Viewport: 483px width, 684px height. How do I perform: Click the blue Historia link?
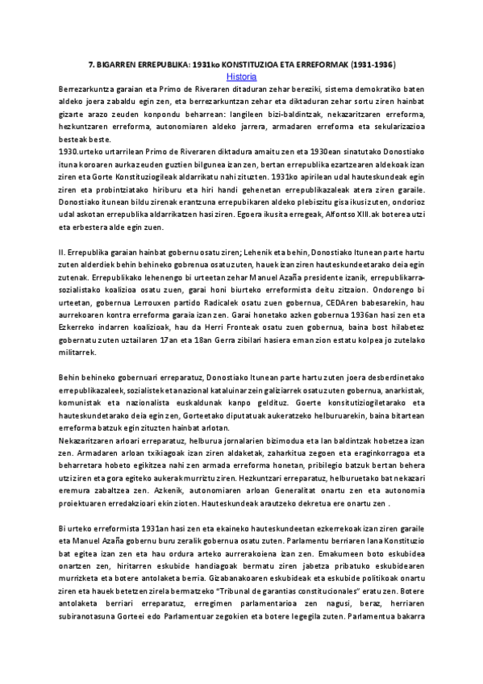click(242, 77)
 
